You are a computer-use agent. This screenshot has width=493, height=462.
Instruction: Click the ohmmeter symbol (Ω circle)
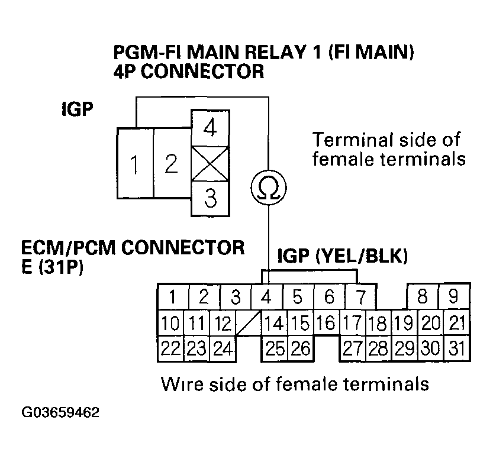point(269,188)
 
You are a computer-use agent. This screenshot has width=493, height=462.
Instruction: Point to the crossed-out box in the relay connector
point(210,164)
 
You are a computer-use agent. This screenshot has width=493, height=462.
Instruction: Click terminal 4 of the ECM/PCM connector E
point(266,296)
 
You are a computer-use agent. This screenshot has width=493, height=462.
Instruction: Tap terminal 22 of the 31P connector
point(170,348)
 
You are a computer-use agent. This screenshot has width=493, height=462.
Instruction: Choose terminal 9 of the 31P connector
point(454,296)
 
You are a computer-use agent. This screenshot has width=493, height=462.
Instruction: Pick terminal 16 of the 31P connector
point(325,323)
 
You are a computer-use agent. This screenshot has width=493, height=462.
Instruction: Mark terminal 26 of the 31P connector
point(301,348)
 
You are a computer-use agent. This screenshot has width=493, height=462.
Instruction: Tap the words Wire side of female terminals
point(294,384)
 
